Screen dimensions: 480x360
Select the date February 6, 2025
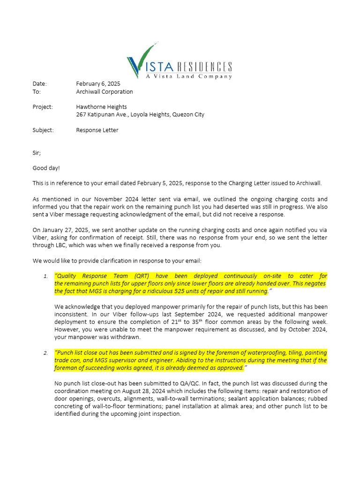pyautogui.click(x=98, y=83)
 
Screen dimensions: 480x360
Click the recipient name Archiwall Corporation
pyautogui.click(x=105, y=91)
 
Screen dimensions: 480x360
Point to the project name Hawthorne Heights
pyautogui.click(x=101, y=106)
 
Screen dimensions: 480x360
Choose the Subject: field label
pyautogui.click(x=43, y=130)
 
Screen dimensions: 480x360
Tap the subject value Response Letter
pyautogui.click(x=97, y=130)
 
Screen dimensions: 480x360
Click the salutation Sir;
pyautogui.click(x=37, y=153)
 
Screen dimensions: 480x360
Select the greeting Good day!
pyautogui.click(x=46, y=168)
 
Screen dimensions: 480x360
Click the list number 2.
pyautogui.click(x=45, y=353)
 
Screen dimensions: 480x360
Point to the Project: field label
pyautogui.click(x=43, y=106)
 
